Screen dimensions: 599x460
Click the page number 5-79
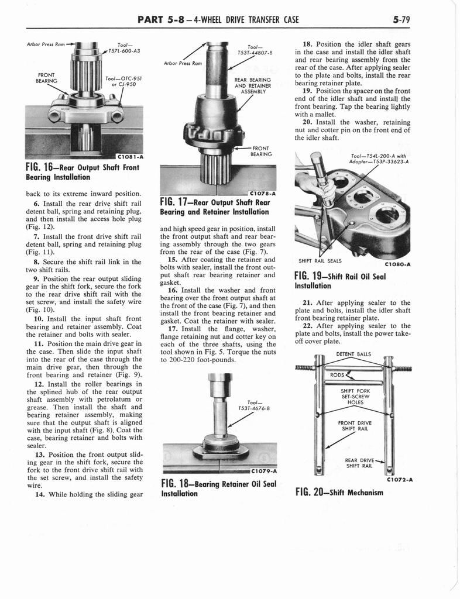point(401,20)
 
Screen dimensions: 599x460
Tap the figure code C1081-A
point(129,156)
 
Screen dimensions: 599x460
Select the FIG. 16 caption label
point(40,167)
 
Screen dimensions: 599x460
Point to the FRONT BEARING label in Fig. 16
point(46,78)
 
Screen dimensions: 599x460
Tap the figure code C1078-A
point(263,194)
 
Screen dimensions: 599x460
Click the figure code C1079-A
point(263,471)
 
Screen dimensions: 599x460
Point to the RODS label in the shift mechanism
point(338,375)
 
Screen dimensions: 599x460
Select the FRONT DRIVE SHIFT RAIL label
point(355,427)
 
